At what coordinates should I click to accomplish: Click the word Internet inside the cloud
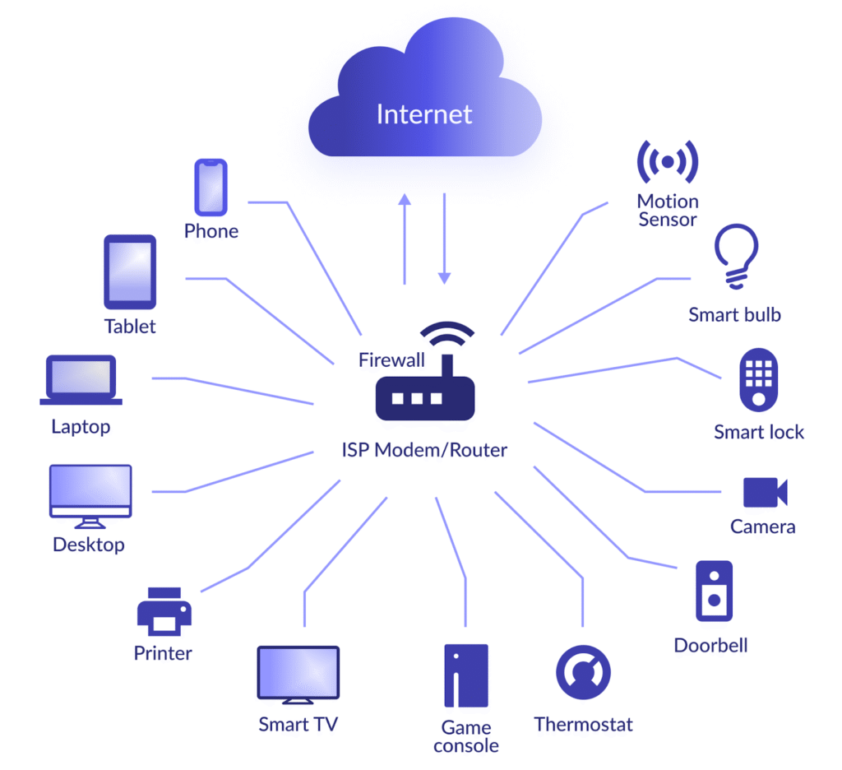(x=424, y=114)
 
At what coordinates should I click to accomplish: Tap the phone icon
(x=210, y=187)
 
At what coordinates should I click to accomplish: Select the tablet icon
(x=130, y=272)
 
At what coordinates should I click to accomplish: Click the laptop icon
(x=81, y=381)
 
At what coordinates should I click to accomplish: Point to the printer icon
(x=164, y=612)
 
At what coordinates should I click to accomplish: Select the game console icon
(x=465, y=675)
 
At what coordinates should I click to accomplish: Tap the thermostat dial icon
(x=583, y=672)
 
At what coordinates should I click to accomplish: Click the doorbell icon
(x=713, y=591)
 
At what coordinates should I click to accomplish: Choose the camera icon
(x=765, y=492)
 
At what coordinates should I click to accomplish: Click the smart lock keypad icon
(x=759, y=380)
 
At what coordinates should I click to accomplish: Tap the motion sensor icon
(x=668, y=161)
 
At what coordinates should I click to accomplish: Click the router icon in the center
(x=425, y=397)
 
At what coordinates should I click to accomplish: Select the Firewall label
(x=391, y=359)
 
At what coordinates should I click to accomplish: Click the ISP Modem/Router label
(x=424, y=450)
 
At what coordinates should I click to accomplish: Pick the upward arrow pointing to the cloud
(x=404, y=239)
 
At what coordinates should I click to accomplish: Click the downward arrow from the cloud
(x=444, y=239)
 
